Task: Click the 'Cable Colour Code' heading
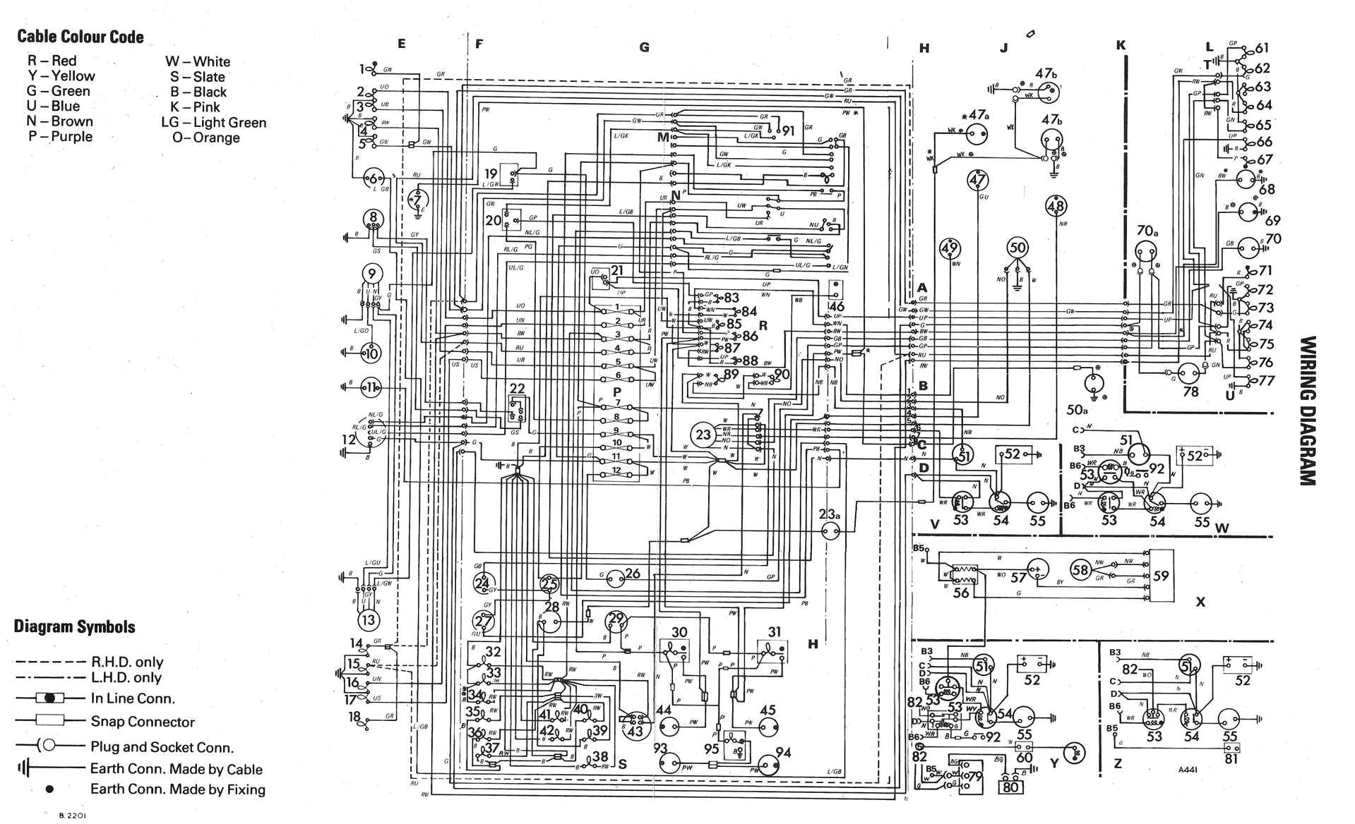click(x=80, y=37)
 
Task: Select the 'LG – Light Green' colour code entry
click(x=214, y=122)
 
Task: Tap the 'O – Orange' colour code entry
click(x=206, y=138)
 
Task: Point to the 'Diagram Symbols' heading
click(x=74, y=626)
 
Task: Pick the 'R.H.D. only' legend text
click(x=127, y=662)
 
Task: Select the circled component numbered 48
click(x=1056, y=206)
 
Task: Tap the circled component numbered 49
click(x=950, y=248)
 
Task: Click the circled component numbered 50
click(x=1017, y=248)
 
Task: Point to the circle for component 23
click(x=703, y=434)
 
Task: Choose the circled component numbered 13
click(x=368, y=620)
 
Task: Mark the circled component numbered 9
click(x=371, y=273)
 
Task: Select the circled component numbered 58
click(x=1080, y=569)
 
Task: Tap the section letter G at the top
click(x=644, y=47)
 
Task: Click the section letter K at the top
click(x=1121, y=45)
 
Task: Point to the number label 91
click(x=788, y=131)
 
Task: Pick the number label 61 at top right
click(x=1262, y=48)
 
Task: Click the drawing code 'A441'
click(x=1190, y=770)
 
